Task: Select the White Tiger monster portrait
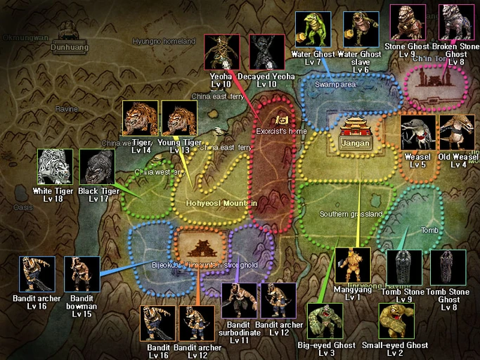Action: point(55,167)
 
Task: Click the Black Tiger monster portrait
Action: point(96,167)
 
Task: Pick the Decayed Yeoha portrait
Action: point(267,52)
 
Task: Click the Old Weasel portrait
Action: point(458,133)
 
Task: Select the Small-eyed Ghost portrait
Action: point(396,321)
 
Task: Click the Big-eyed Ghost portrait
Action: point(325,321)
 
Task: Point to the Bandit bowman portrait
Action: point(82,274)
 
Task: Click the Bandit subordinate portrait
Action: point(239,300)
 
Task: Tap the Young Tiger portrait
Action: point(179,117)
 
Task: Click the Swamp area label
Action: point(336,84)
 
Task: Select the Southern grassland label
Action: point(351,214)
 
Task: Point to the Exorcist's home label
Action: point(281,131)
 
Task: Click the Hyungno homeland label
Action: point(164,41)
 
